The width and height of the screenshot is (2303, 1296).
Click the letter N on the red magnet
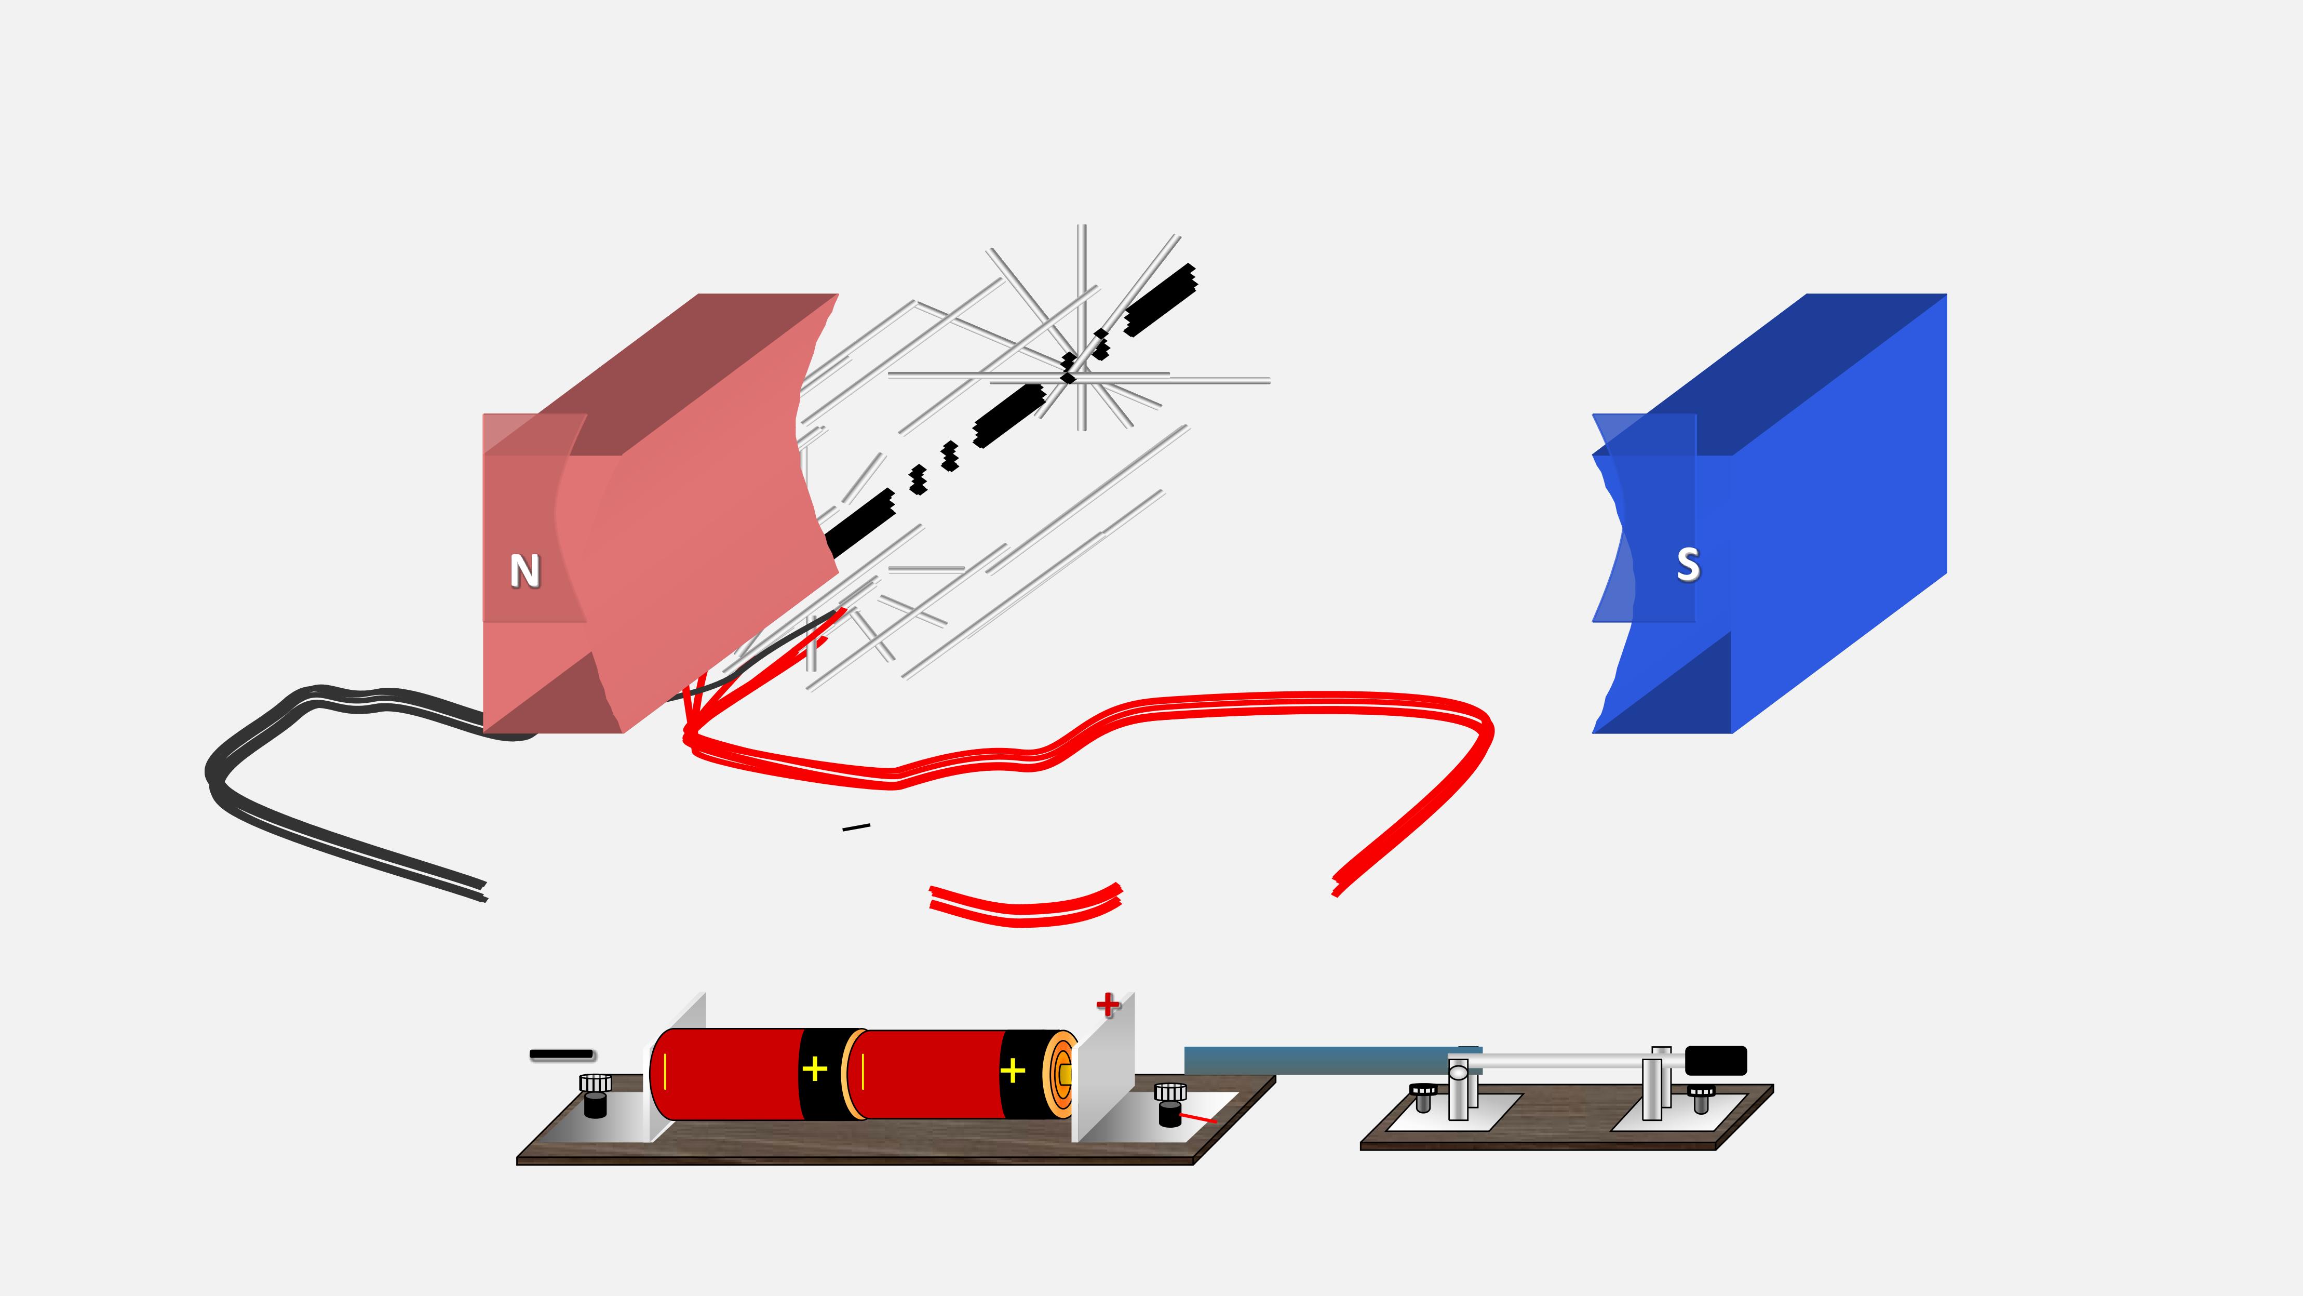tap(525, 571)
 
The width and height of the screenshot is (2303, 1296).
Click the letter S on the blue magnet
tap(1688, 565)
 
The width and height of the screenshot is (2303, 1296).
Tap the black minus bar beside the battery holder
tap(561, 1054)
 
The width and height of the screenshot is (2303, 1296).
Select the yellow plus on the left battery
tap(814, 1070)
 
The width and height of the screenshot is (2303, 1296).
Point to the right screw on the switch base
tap(1701, 1098)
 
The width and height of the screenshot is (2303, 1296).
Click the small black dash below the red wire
tap(856, 827)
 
